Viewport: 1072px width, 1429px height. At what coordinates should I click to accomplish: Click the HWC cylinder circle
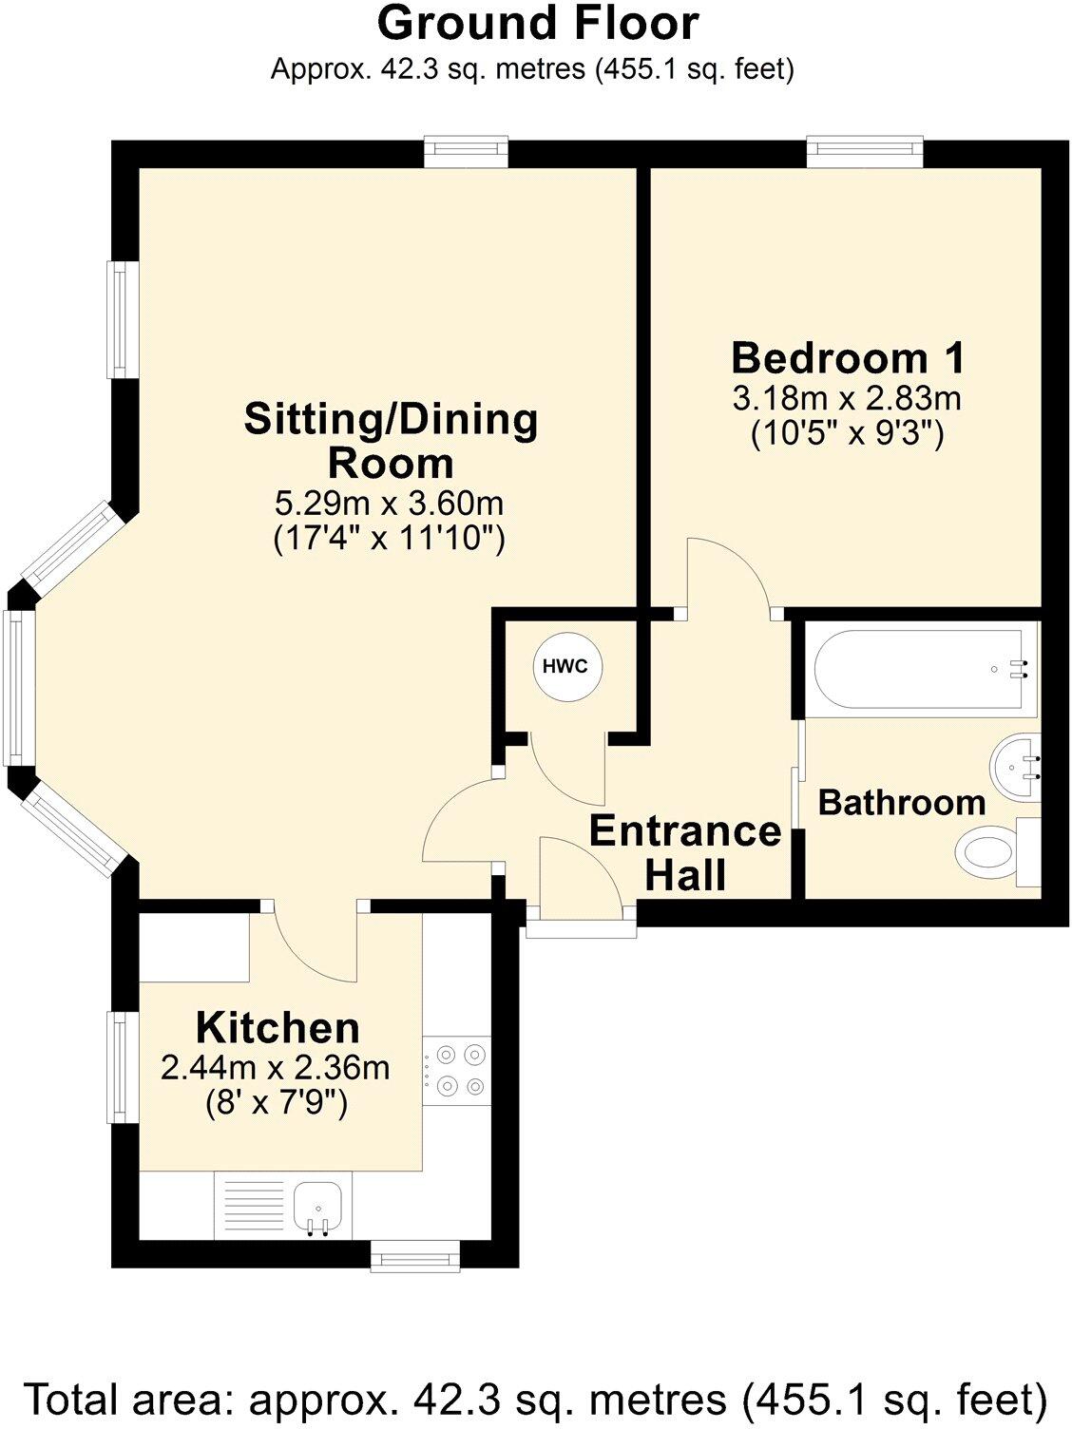click(x=565, y=666)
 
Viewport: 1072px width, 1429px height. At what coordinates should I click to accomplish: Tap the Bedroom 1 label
click(x=848, y=358)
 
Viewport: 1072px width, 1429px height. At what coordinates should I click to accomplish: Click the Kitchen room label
click(x=278, y=1028)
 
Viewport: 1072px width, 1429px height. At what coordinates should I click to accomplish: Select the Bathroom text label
click(x=901, y=803)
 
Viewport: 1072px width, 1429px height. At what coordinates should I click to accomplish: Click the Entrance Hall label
click(x=685, y=852)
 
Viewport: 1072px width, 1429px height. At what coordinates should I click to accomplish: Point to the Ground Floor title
click(x=538, y=24)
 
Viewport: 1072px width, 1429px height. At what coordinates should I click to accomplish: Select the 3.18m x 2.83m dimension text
click(x=847, y=397)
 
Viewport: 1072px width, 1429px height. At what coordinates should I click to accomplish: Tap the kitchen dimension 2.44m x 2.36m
click(x=276, y=1068)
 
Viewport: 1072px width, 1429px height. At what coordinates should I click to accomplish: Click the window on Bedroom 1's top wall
click(x=865, y=152)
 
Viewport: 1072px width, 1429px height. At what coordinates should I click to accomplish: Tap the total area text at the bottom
click(x=536, y=1400)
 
